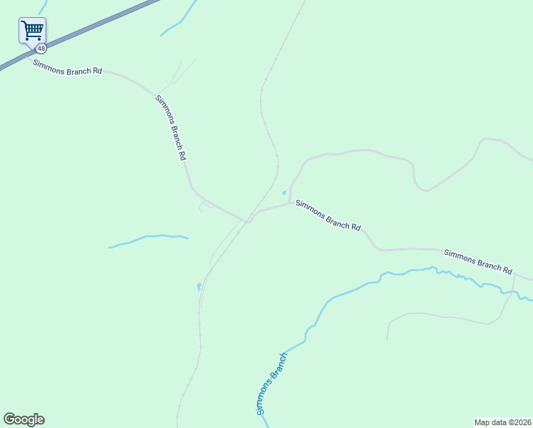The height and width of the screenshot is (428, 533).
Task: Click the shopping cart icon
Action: pyautogui.click(x=32, y=30)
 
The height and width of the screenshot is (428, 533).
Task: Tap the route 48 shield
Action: pyautogui.click(x=42, y=49)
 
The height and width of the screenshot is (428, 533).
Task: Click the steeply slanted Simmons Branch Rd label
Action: pyautogui.click(x=171, y=126)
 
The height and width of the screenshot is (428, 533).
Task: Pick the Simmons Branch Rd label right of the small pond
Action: pyautogui.click(x=328, y=215)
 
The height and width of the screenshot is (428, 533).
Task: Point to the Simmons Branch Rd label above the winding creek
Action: pyautogui.click(x=478, y=260)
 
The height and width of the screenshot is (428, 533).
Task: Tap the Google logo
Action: pyautogui.click(x=24, y=419)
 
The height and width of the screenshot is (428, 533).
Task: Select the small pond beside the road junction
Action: pyautogui.click(x=284, y=193)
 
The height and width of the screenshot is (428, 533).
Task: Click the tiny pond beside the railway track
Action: pyautogui.click(x=198, y=287)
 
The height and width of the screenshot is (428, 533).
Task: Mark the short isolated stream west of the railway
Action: pyautogui.click(x=148, y=238)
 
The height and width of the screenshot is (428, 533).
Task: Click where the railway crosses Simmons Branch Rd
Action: pyautogui.click(x=247, y=221)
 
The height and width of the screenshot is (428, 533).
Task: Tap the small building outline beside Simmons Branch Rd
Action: pyautogui.click(x=205, y=206)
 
